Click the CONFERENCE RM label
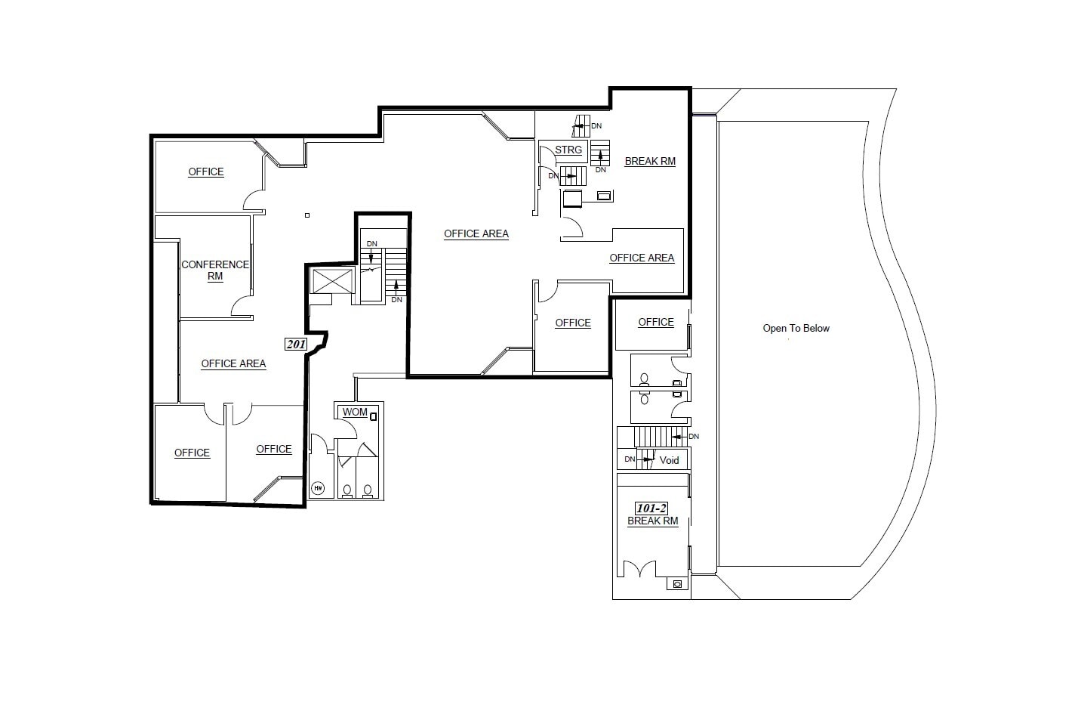coord(215,270)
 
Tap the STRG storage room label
coord(568,150)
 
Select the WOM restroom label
coord(355,412)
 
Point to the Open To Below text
coord(796,328)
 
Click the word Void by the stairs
coord(669,459)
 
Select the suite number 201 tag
coord(296,345)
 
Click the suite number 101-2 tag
coord(651,508)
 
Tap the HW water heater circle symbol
coord(318,488)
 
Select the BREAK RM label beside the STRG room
coord(650,161)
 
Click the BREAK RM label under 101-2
coord(652,521)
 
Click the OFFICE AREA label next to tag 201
coord(233,363)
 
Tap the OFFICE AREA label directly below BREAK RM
coord(642,258)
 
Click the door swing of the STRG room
coord(547,156)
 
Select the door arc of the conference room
coord(242,305)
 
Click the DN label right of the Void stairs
coord(694,436)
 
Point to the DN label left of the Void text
coord(630,459)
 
